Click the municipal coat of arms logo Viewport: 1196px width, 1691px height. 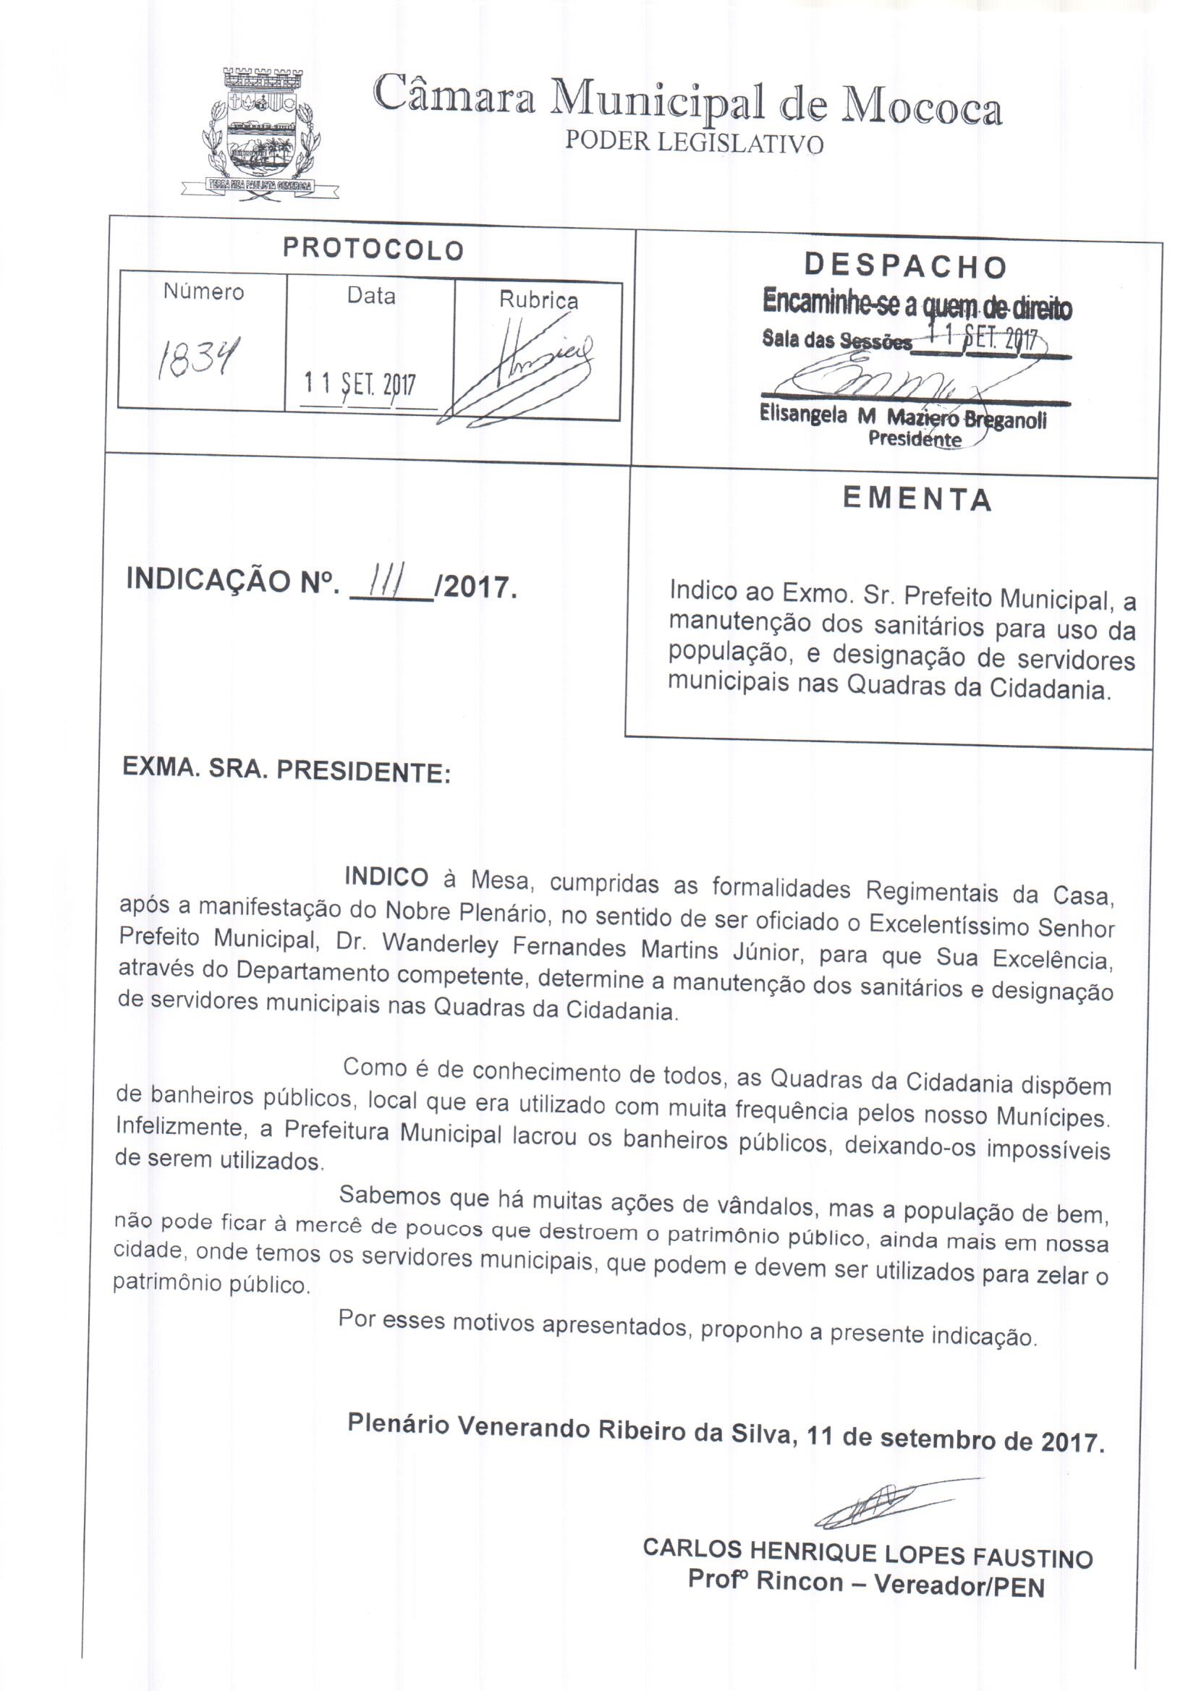(261, 131)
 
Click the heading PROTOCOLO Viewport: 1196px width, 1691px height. (373, 250)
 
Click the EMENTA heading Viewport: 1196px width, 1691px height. (917, 499)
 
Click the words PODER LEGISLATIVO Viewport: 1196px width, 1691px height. (693, 142)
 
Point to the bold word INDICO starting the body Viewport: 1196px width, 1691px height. (386, 877)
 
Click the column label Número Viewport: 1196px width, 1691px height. (203, 292)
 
